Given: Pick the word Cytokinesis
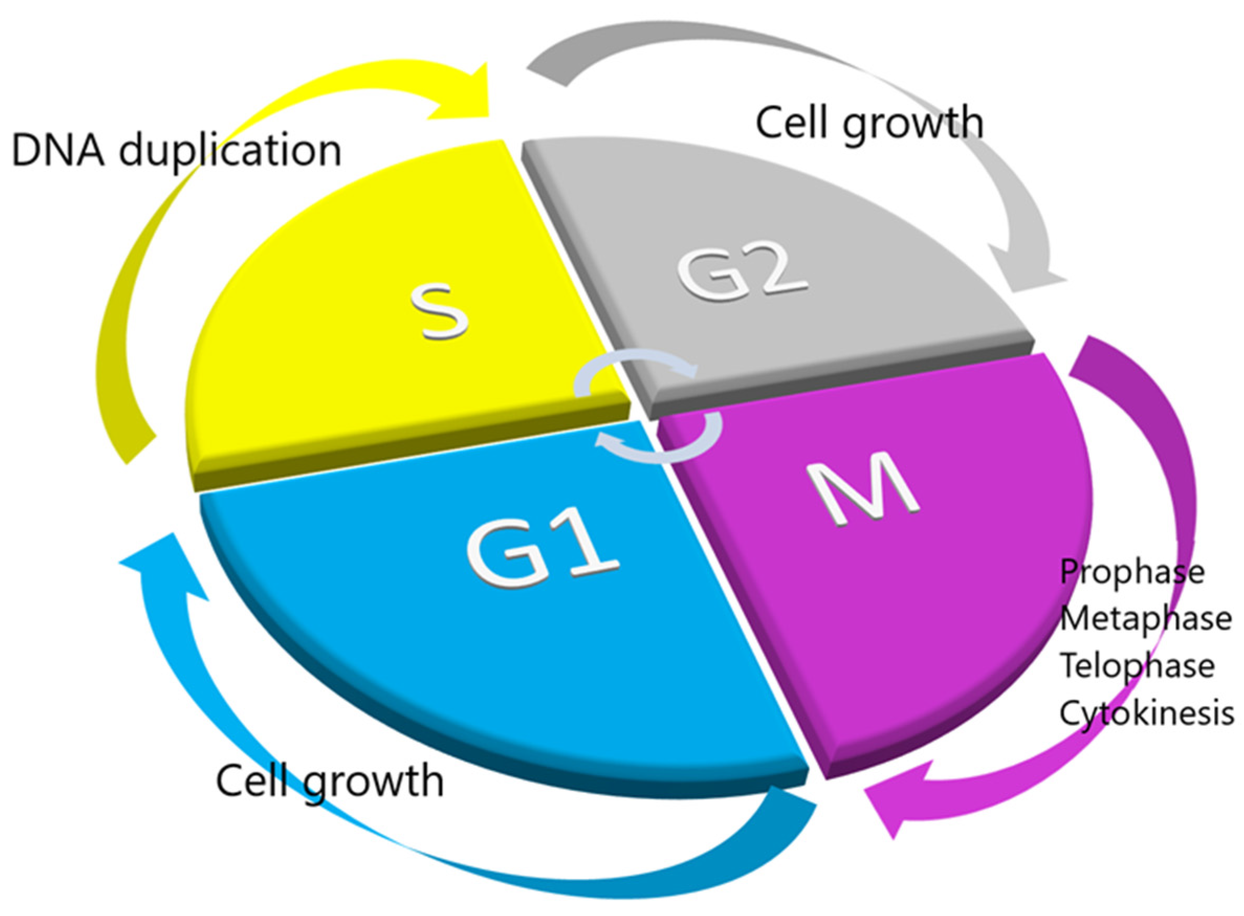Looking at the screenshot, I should tap(1147, 713).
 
